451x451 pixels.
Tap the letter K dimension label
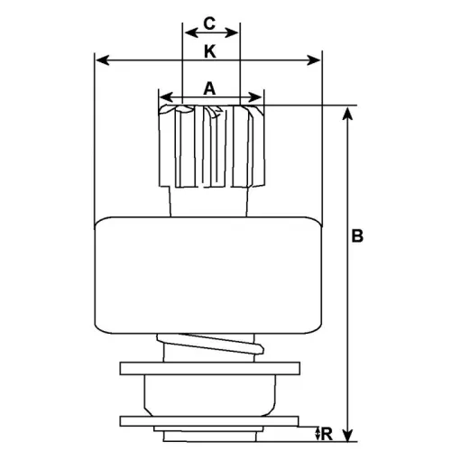coord(209,52)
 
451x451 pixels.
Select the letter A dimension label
coord(209,87)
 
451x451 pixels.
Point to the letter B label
coord(358,236)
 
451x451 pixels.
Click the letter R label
coord(327,435)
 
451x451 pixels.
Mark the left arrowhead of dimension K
coord(100,61)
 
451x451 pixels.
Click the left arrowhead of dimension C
coord(188,32)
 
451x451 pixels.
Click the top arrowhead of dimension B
coord(347,111)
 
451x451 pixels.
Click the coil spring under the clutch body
coord(209,347)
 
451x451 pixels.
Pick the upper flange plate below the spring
coord(208,368)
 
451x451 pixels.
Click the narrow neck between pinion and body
coord(209,201)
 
